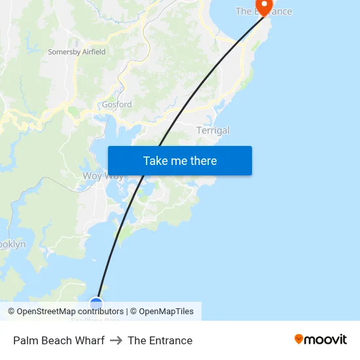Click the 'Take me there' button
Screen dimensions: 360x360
click(180, 161)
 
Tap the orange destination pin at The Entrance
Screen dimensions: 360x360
click(264, 6)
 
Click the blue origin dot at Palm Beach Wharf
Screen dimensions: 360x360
click(96, 303)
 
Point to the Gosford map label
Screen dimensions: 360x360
click(117, 105)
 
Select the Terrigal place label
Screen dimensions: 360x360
click(213, 131)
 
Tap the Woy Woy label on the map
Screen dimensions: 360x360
click(102, 176)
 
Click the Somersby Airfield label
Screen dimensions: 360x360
click(77, 52)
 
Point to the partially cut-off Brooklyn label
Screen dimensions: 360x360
click(12, 244)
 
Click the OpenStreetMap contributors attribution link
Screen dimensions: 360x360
click(70, 312)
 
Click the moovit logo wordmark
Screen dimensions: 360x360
click(326, 340)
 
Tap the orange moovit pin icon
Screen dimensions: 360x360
click(299, 339)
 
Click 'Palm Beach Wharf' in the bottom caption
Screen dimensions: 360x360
click(59, 340)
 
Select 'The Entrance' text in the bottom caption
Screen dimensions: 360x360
click(160, 340)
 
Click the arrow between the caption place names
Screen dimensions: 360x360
click(116, 340)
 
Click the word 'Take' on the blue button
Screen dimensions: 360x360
click(155, 161)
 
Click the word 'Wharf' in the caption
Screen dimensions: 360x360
click(90, 340)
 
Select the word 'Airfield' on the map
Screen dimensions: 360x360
click(93, 52)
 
